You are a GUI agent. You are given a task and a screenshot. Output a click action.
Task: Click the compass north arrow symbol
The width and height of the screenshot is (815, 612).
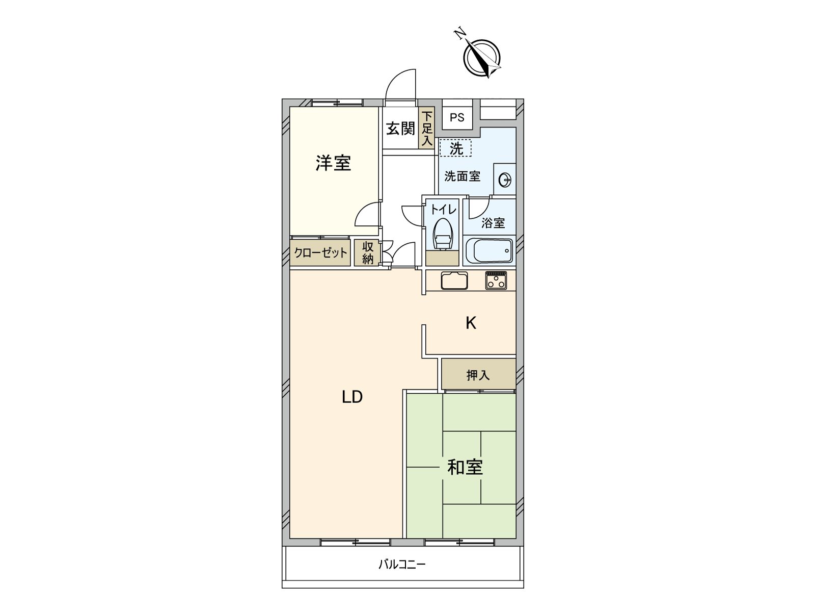pos(481,57)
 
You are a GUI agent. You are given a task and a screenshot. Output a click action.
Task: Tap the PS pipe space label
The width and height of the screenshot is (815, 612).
pos(457,118)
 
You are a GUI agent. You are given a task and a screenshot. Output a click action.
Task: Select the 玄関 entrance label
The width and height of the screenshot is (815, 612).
pos(400,129)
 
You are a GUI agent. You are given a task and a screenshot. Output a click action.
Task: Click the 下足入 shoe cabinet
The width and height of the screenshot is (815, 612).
pos(427,129)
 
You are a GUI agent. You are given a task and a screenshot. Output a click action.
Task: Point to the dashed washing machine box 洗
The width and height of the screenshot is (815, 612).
pos(456,148)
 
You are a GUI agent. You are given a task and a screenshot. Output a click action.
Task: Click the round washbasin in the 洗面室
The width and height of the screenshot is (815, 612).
pos(505,179)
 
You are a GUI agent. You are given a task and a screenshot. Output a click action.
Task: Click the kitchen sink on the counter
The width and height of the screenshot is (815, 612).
pos(454,281)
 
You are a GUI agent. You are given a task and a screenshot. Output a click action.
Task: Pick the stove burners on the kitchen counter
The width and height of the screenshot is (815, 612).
pos(496,280)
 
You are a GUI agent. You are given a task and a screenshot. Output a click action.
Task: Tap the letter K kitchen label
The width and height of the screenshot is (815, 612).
pos(471,323)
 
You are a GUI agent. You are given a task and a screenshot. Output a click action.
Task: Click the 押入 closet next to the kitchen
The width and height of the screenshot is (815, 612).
pos(478,375)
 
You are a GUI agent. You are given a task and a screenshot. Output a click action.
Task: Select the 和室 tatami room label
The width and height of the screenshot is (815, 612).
pos(465,467)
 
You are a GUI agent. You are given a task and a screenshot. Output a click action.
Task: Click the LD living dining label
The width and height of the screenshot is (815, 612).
pos(351,397)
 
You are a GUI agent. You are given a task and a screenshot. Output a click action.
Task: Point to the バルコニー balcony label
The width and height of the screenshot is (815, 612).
pos(401,565)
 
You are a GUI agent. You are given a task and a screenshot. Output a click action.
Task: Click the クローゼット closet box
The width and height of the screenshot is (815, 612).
pos(321,253)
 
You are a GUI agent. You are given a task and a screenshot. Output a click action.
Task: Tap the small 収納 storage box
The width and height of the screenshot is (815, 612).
pos(368,253)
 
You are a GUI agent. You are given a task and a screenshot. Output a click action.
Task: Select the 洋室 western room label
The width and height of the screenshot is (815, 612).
pos(333,163)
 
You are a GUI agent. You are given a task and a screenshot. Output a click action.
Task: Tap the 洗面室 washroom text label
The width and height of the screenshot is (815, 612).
pos(462,176)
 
